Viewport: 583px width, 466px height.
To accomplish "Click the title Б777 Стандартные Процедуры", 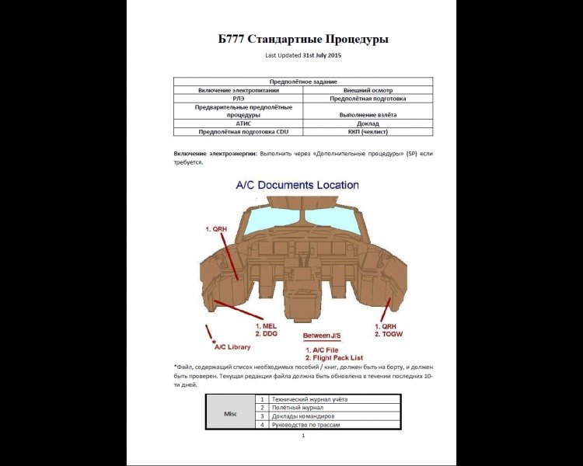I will [302, 39].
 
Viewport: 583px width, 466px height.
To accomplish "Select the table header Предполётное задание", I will [302, 82].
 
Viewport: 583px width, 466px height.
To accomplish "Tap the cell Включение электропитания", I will [238, 90].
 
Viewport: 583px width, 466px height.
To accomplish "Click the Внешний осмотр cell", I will [367, 90].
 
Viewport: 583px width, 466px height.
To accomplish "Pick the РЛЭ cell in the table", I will [238, 99].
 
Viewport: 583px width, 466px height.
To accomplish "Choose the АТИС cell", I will [238, 123].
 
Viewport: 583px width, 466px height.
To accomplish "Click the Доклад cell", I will [367, 123].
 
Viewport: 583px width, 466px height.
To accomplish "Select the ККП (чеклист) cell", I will [367, 132].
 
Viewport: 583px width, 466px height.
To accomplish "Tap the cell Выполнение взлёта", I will [367, 115].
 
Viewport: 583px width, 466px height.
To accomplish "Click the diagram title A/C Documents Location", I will [297, 186].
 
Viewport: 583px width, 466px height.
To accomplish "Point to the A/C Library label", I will [232, 347].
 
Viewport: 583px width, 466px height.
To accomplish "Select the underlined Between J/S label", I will [322, 336].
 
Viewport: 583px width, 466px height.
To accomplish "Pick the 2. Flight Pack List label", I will [336, 360].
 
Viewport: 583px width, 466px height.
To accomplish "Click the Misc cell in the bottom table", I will [230, 412].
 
